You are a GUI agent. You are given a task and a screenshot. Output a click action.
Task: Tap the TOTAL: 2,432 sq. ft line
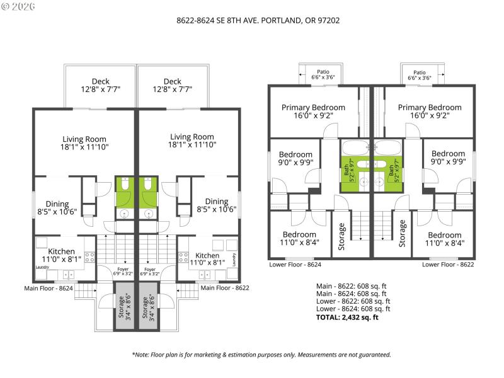[x=346, y=318]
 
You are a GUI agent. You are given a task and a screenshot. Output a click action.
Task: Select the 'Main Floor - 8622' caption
[x=225, y=288]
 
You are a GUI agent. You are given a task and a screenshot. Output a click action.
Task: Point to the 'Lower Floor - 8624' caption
[x=295, y=265]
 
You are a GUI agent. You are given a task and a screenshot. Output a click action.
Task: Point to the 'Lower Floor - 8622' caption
[x=448, y=265]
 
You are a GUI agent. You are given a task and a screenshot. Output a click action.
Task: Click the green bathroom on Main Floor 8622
[x=149, y=192]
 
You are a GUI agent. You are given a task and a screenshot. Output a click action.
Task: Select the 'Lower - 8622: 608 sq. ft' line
[x=353, y=301]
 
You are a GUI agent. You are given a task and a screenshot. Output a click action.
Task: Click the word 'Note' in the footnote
[x=144, y=355]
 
